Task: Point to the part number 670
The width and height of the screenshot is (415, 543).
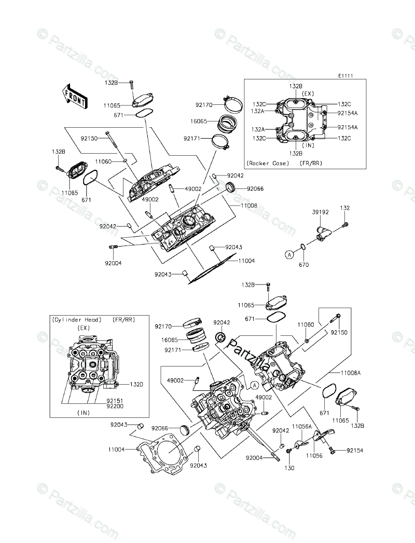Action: [x=304, y=265]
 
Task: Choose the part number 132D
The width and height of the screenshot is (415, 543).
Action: [x=122, y=384]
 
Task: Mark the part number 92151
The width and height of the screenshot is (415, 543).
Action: [x=115, y=401]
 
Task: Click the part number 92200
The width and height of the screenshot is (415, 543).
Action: [x=115, y=408]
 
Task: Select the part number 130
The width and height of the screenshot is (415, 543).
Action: [x=289, y=468]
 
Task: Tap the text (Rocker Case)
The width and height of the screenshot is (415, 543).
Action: [x=268, y=162]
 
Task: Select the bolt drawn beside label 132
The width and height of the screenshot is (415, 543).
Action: [x=345, y=224]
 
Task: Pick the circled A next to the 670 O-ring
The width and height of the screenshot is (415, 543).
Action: [x=290, y=254]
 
